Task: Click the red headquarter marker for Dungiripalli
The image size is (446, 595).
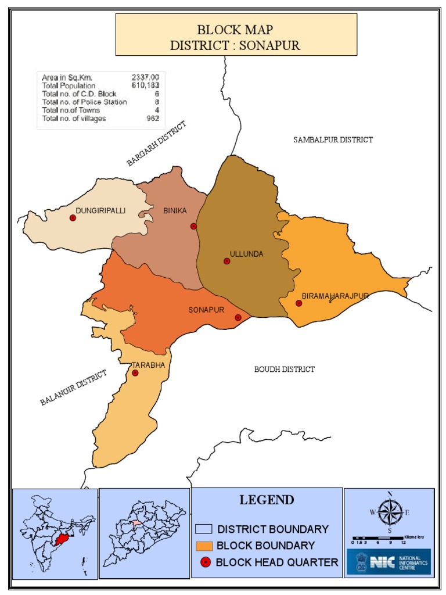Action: tap(73, 218)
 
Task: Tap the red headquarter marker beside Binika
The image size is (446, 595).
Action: tap(193, 226)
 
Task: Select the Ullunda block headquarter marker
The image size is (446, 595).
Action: tap(226, 261)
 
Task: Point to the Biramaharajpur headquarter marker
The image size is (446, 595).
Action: tap(298, 303)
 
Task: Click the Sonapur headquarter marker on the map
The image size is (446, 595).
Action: tap(238, 317)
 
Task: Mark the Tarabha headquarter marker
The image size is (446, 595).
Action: tap(135, 372)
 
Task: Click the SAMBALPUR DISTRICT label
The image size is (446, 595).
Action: tap(333, 139)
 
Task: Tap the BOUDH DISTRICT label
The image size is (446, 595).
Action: tap(285, 369)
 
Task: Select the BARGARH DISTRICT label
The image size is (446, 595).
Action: tap(156, 144)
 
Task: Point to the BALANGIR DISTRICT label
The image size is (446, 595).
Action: tap(74, 388)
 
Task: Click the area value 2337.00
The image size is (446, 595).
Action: tap(145, 77)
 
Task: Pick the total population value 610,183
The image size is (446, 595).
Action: tap(145, 85)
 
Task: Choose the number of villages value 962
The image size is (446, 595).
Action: tap(153, 119)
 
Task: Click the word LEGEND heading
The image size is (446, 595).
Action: tap(267, 500)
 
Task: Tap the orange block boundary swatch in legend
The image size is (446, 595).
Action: tap(203, 546)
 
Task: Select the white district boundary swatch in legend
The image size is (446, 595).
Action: tap(203, 529)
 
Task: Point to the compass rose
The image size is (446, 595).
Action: tap(390, 511)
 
